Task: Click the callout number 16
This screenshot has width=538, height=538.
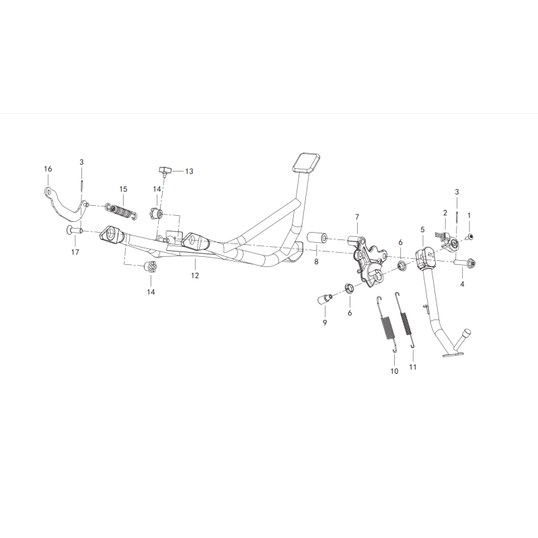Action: [48, 169]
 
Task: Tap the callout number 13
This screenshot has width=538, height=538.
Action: [189, 171]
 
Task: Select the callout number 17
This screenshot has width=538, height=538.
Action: [75, 252]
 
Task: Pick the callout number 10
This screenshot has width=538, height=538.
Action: [394, 371]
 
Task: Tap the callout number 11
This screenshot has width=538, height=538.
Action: [412, 368]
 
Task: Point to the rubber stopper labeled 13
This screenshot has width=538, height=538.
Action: [166, 169]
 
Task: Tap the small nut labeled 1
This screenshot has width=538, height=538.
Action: [469, 237]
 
